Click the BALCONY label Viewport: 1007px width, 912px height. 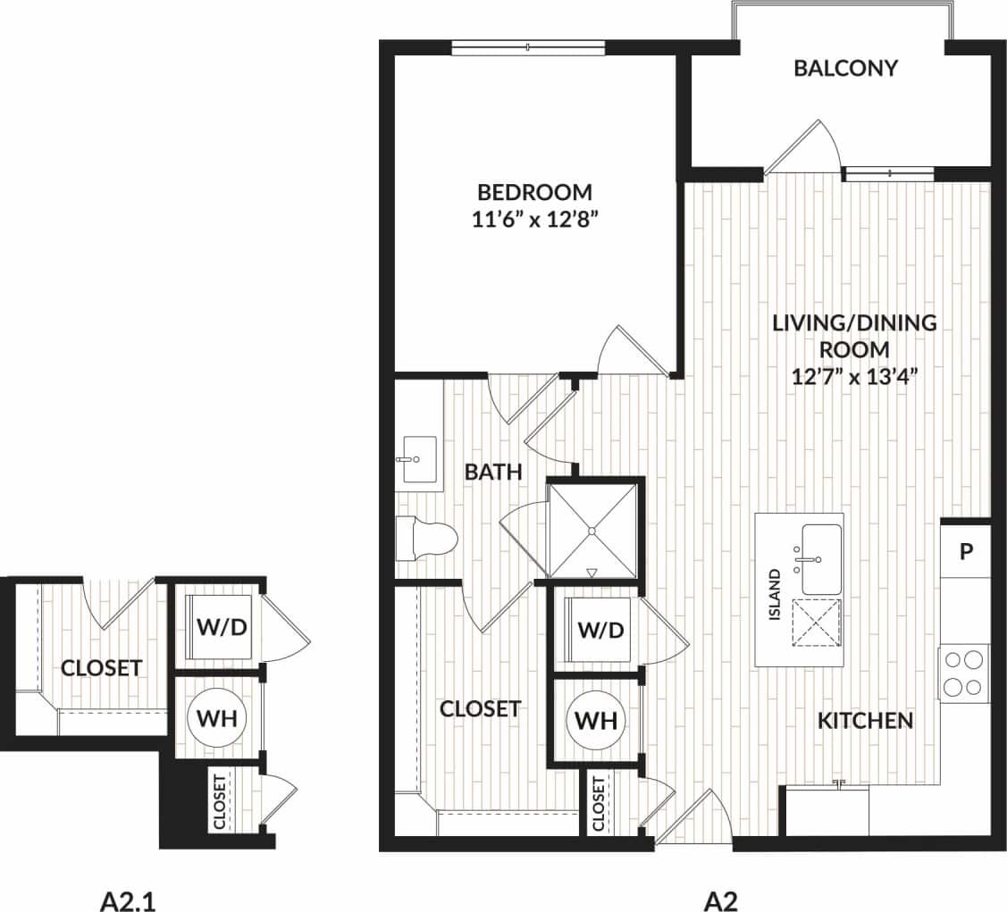845,69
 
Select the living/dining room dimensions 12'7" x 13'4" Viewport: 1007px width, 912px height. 855,376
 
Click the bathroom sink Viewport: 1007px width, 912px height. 417,459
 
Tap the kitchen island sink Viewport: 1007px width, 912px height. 819,559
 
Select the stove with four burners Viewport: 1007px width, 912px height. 963,673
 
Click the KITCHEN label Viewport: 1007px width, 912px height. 866,720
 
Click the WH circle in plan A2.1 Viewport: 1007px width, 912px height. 216,719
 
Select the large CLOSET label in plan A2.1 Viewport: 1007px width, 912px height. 101,667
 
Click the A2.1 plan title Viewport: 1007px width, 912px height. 132,899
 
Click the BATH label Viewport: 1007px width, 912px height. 493,472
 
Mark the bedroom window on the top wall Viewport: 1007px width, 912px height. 528,47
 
